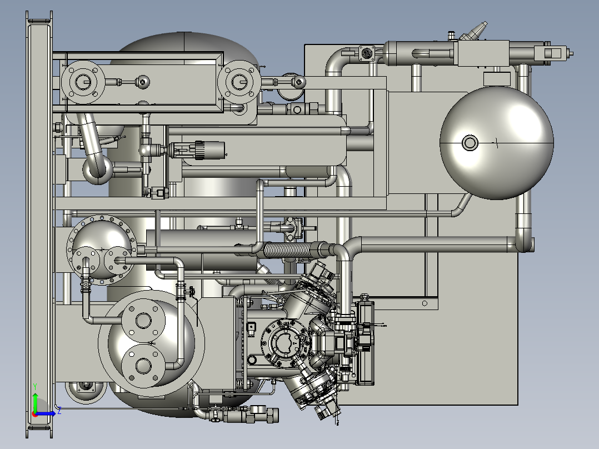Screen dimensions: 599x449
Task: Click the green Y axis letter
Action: (x=35, y=386)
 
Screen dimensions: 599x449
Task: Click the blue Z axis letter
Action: (x=59, y=411)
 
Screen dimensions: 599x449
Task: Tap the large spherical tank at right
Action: (x=497, y=143)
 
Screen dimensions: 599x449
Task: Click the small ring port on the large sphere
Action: (x=470, y=143)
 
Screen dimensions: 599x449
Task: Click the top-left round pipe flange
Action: (x=83, y=82)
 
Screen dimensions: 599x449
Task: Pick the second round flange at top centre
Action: (x=239, y=82)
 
